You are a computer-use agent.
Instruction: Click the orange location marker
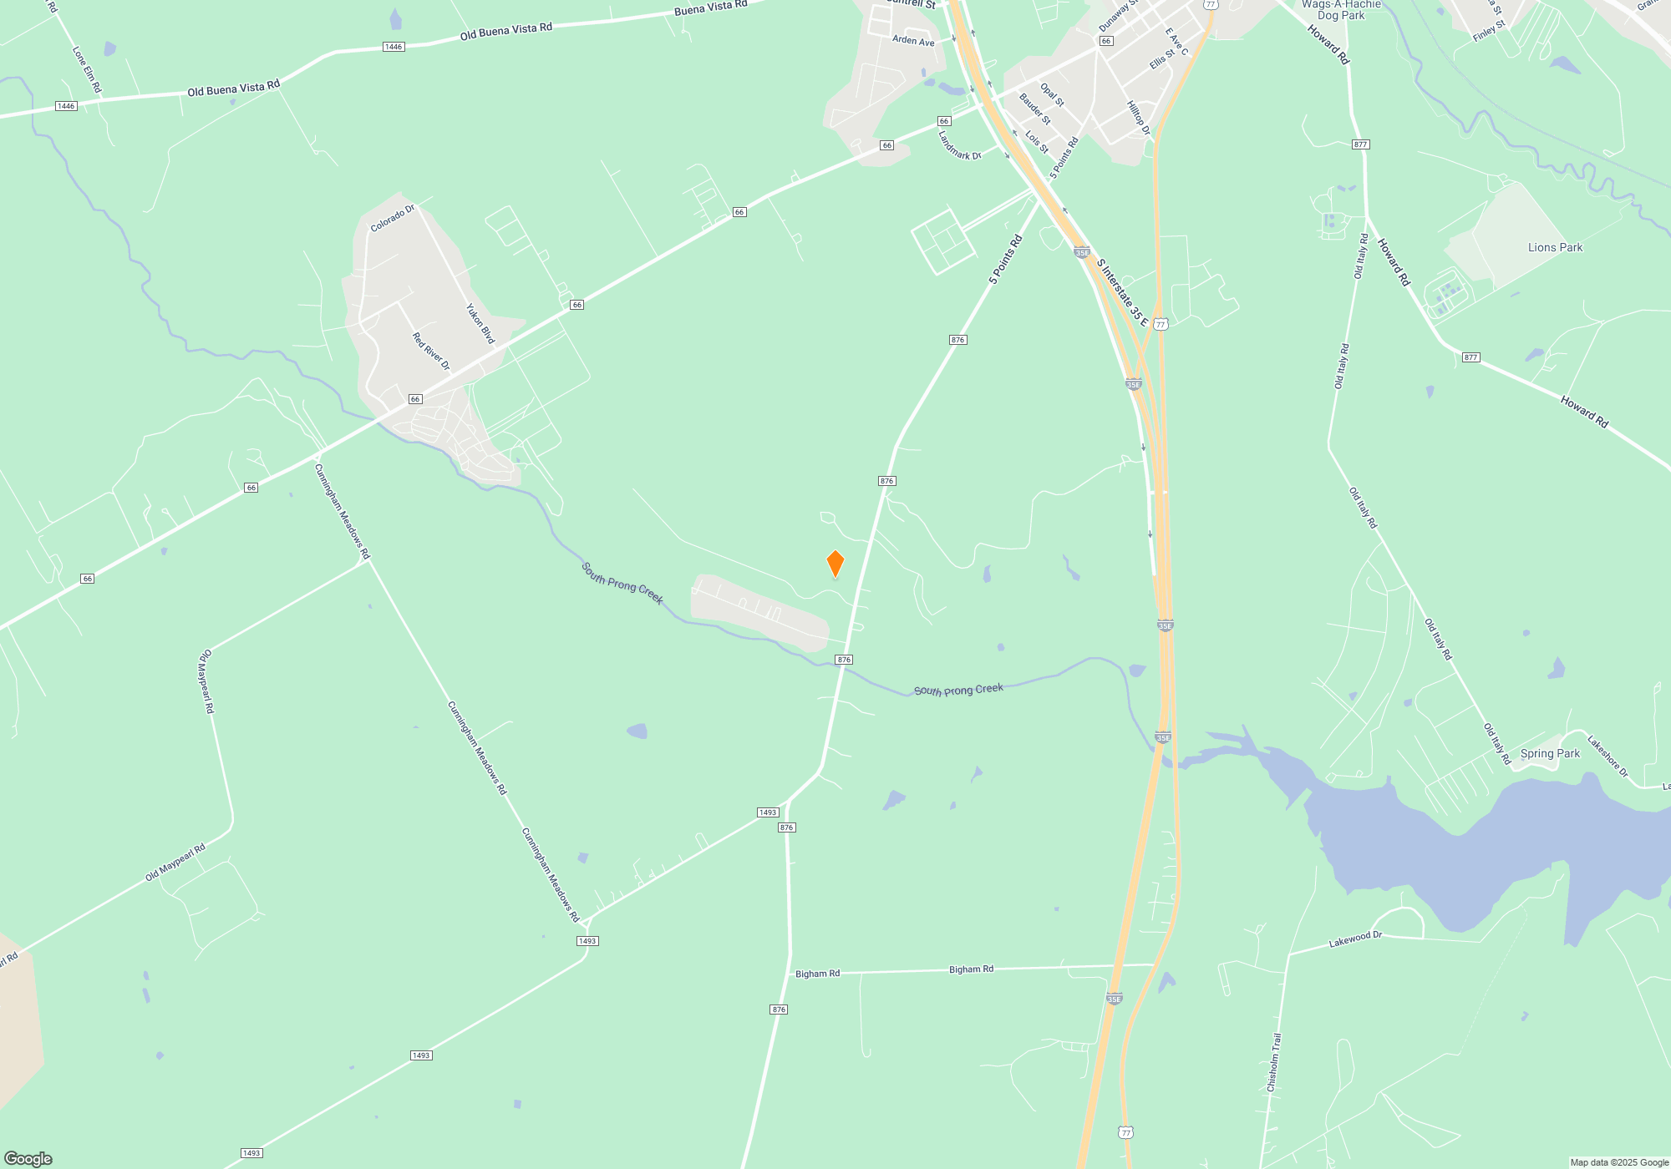tap(835, 564)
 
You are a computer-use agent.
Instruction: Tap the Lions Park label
tap(1555, 247)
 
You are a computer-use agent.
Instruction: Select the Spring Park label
tap(1550, 753)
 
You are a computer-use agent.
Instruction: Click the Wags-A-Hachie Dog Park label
tap(1341, 9)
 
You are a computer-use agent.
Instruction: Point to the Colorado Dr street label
tap(393, 219)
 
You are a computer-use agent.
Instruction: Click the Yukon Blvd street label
tap(480, 324)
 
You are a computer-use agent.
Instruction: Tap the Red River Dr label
tap(431, 352)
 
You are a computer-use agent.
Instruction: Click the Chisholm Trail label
tap(1273, 1062)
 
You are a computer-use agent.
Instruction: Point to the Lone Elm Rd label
tap(87, 69)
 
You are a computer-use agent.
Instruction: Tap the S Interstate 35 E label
tap(1122, 292)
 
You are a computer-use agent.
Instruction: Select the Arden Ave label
tap(913, 40)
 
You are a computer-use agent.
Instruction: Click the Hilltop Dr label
tap(1139, 119)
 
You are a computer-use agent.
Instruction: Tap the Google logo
tap(28, 1159)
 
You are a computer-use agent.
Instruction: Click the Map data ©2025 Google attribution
tap(1619, 1162)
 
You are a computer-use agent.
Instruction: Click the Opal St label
tap(1052, 94)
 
